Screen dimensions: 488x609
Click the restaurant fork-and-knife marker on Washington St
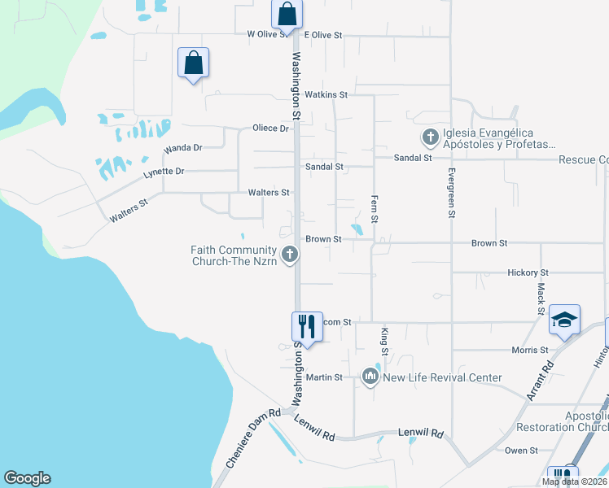click(x=306, y=327)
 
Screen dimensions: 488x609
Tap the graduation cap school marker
click(x=564, y=320)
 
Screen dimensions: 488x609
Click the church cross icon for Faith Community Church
click(x=289, y=255)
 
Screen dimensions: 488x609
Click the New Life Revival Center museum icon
click(x=370, y=377)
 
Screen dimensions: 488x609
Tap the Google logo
click(x=27, y=478)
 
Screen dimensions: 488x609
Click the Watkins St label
click(x=326, y=95)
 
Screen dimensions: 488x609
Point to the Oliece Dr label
click(x=270, y=129)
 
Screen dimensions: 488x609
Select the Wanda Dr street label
click(x=182, y=148)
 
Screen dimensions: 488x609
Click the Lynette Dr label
click(x=164, y=172)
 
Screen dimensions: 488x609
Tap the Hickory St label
click(x=528, y=272)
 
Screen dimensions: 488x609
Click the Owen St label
click(x=521, y=450)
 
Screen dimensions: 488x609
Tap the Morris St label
click(x=529, y=350)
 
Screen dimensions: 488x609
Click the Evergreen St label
click(x=450, y=194)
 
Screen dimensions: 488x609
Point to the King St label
click(x=385, y=341)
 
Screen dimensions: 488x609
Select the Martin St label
click(x=323, y=377)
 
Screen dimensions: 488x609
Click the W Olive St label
click(x=268, y=35)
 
